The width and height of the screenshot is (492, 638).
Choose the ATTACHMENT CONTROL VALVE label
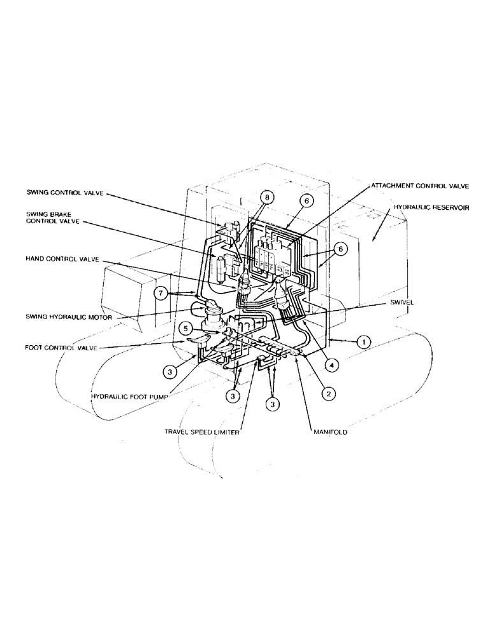(421, 186)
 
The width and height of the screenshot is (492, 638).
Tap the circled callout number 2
(328, 394)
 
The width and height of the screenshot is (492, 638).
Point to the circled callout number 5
(185, 329)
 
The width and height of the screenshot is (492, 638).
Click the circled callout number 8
(267, 198)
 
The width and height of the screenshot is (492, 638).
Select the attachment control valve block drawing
(273, 256)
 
